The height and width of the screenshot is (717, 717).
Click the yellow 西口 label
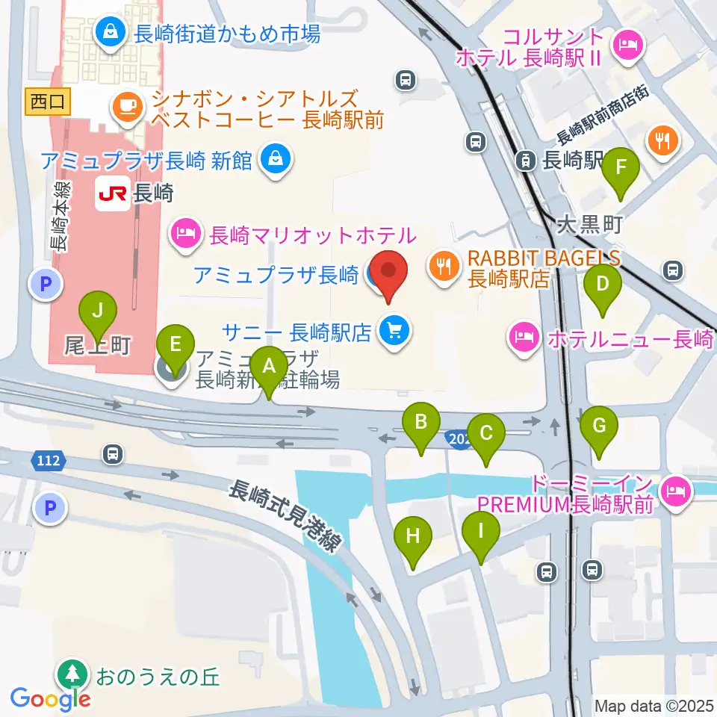49,102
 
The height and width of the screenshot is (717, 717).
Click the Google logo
51,698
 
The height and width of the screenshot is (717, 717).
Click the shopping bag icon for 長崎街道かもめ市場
111,32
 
